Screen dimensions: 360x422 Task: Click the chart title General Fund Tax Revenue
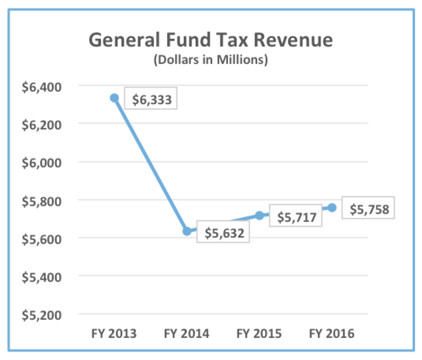[211, 41]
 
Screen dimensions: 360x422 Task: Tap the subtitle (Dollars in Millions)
[211, 61]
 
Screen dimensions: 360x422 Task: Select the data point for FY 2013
[114, 98]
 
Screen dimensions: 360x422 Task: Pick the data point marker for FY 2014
[187, 231]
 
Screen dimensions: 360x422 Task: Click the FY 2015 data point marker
[259, 215]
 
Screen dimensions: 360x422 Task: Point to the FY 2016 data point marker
[332, 207]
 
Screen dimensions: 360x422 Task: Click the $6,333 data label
[151, 99]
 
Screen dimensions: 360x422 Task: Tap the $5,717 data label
[296, 217]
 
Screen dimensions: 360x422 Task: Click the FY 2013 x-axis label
[114, 334]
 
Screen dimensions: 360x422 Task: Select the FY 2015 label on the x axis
[259, 334]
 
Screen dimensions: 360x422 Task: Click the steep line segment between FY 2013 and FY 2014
[151, 165]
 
